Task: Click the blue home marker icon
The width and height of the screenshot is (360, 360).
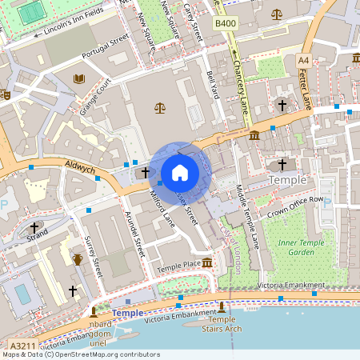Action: (180, 172)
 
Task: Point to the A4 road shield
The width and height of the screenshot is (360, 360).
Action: (303, 60)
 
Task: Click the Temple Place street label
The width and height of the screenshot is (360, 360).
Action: (178, 265)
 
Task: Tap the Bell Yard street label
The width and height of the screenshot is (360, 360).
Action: (212, 82)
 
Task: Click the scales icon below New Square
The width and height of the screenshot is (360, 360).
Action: (158, 106)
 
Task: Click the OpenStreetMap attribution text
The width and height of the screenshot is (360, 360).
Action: (81, 354)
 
